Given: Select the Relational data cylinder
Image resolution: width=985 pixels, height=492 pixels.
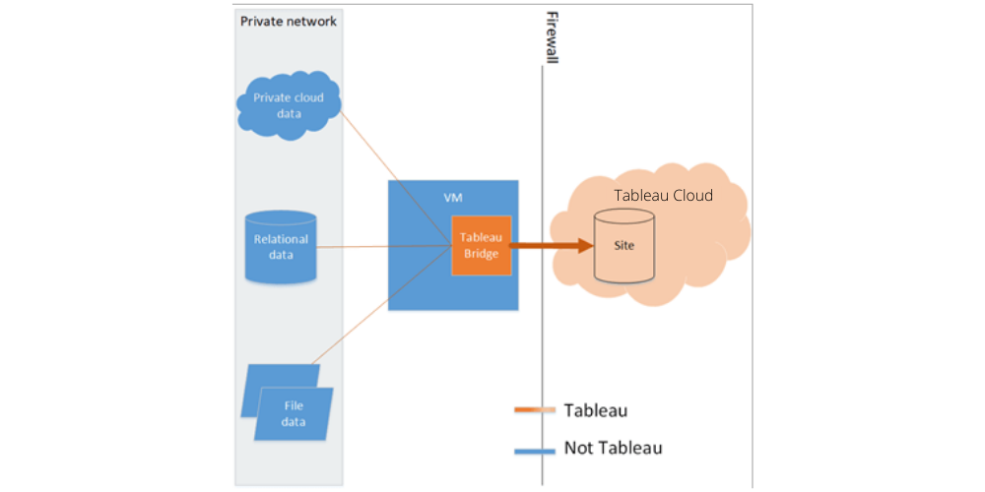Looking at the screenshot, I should pos(281,245).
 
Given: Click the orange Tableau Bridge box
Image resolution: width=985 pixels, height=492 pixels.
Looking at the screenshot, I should pos(482,245).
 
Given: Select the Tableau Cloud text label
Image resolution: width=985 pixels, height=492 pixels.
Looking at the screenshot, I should pos(663,195).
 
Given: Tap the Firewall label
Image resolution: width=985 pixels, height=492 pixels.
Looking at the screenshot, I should pos(552,39).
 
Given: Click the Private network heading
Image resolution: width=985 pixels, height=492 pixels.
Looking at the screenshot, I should pos(289,21).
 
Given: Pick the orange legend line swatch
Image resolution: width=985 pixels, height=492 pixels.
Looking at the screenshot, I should pos(535,409).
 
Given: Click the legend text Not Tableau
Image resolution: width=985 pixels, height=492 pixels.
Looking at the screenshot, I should pos(613,448).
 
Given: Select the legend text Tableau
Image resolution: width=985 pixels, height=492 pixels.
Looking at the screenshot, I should pos(595,409).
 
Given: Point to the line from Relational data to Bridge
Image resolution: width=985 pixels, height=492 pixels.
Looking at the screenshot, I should pos(384,246).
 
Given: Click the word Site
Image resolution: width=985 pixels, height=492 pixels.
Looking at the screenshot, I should pos(624,244).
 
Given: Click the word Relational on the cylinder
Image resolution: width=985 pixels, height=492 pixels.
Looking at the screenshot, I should pos(281,238).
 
